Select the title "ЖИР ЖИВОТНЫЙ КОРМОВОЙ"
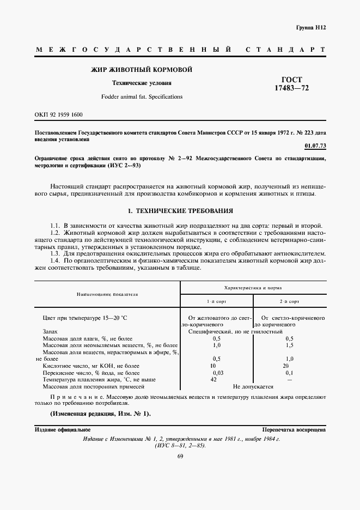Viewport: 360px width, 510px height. (141, 69)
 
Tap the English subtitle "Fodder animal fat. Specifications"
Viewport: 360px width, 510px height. (142, 96)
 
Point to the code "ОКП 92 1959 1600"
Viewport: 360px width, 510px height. (59, 115)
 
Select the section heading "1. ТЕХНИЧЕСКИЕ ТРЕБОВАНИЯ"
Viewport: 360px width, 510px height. (180, 210)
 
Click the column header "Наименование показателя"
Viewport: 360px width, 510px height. (107, 294)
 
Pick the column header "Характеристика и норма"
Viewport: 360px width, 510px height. (253, 287)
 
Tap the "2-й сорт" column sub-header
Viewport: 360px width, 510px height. (289, 301)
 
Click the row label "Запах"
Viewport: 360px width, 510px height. (50, 331)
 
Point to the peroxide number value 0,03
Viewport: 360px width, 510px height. (216, 373)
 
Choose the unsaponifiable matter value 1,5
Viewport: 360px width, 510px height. (289, 345)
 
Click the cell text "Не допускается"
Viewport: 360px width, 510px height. (253, 386)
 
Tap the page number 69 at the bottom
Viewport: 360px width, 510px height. (180, 457)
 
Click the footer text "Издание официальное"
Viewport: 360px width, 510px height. (63, 430)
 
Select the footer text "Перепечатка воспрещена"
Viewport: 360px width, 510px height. (294, 430)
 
